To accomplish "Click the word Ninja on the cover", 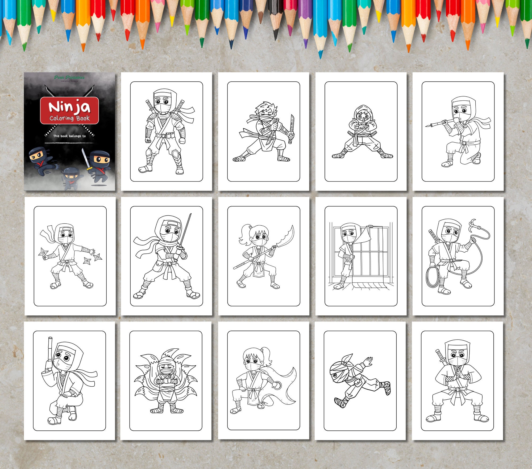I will (69, 107).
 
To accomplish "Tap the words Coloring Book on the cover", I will (69, 118).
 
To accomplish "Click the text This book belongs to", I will (69, 136).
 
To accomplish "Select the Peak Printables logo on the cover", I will (69, 78).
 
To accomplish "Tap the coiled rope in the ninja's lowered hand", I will (433, 278).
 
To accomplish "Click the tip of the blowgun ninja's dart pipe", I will (427, 126).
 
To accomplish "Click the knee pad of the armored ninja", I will (175, 154).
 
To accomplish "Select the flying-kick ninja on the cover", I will (40, 159).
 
